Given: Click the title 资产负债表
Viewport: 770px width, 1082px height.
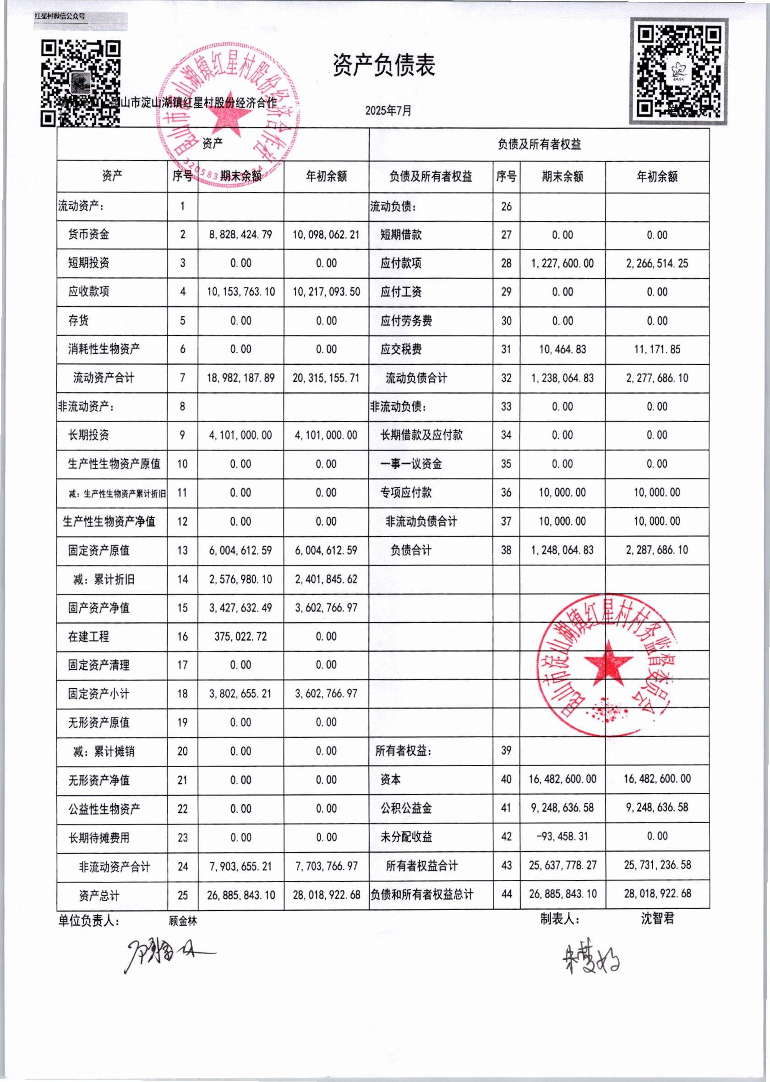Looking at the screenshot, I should (x=383, y=66).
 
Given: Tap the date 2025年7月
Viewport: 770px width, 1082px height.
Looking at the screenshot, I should (x=388, y=110).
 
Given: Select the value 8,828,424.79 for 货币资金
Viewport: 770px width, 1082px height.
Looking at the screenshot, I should (x=241, y=235).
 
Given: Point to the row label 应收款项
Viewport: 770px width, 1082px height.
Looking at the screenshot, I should (x=89, y=292).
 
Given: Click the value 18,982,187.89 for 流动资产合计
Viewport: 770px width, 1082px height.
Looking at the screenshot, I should (x=241, y=379).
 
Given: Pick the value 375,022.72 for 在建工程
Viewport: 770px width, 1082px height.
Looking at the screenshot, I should (x=241, y=637).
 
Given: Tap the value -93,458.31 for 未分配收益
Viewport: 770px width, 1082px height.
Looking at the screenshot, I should (x=562, y=836).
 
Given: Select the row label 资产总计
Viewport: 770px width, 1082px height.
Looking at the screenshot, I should (x=99, y=895).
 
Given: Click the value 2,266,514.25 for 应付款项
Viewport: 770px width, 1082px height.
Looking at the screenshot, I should (x=657, y=263).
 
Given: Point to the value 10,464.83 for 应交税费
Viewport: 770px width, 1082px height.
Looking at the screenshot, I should (x=562, y=350).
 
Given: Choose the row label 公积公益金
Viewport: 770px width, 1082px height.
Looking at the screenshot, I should (x=406, y=808).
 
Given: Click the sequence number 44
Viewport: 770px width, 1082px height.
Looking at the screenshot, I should (x=506, y=894).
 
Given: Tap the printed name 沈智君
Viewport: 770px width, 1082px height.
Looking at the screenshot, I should (x=657, y=919).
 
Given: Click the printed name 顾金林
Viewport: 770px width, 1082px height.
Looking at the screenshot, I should (x=183, y=921).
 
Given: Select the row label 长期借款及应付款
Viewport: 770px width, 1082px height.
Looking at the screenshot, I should (x=421, y=435).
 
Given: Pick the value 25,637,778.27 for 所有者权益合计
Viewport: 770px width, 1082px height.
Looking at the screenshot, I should (x=562, y=865).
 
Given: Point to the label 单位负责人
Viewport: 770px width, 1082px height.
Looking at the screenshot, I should (x=89, y=921).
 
